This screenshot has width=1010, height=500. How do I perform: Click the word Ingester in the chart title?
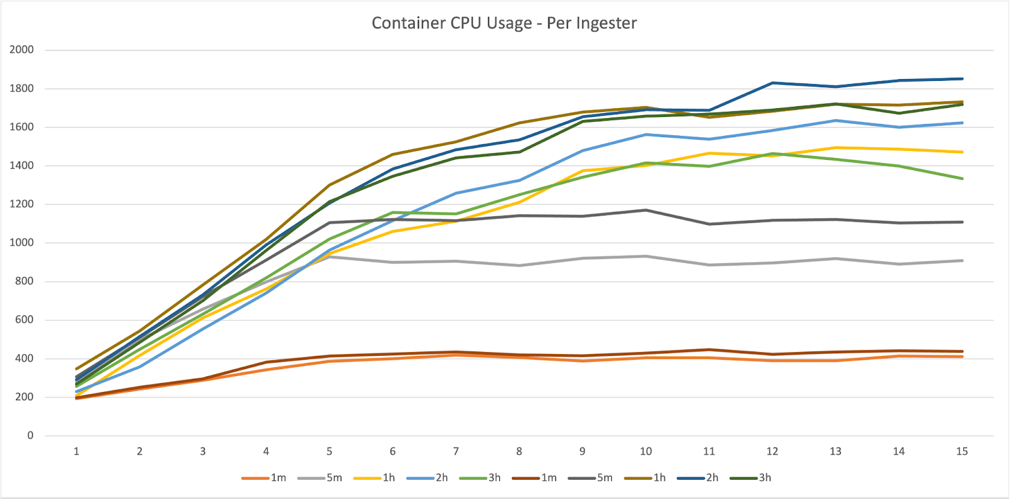click(605, 23)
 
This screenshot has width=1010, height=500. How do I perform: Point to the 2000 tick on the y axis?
click(21, 50)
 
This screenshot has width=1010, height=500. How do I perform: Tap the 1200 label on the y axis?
click(21, 204)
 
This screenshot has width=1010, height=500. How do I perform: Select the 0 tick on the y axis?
click(30, 436)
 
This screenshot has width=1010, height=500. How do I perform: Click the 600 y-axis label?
click(24, 320)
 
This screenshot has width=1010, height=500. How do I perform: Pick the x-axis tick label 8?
click(519, 451)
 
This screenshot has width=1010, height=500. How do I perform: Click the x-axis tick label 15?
click(961, 451)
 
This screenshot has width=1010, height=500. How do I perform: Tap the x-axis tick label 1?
click(76, 451)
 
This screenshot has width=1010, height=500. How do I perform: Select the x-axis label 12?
click(772, 451)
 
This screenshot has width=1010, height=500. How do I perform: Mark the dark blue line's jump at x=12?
click(772, 83)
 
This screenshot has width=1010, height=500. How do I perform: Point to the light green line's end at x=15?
click(961, 178)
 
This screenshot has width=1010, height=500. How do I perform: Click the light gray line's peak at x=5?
click(330, 257)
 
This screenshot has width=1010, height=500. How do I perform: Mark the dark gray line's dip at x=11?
click(709, 224)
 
